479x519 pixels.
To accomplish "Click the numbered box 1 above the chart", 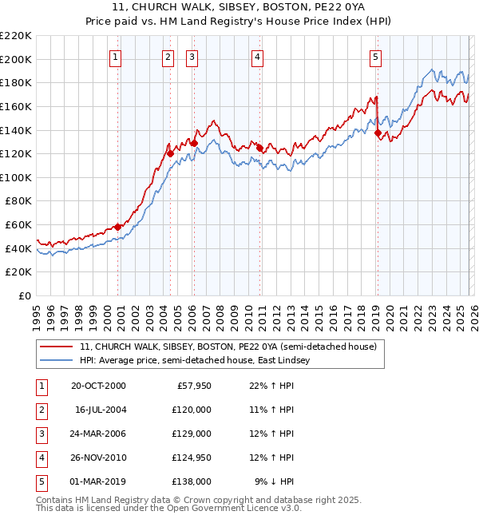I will (x=117, y=57).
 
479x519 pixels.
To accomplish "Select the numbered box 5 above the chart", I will (x=375, y=57).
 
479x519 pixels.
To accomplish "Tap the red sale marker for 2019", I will (x=378, y=133).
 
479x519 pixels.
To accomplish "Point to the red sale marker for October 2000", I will (x=118, y=227).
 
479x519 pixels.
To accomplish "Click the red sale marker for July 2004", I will (x=170, y=153).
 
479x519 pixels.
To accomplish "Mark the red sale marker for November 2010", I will (x=259, y=148).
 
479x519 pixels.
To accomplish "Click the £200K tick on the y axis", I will (x=16, y=59).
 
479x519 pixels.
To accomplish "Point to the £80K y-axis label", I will (x=18, y=201).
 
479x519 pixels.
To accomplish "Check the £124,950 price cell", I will (x=190, y=458).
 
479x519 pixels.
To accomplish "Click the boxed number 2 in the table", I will (x=41, y=410).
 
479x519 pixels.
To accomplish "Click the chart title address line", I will (x=239, y=7).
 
